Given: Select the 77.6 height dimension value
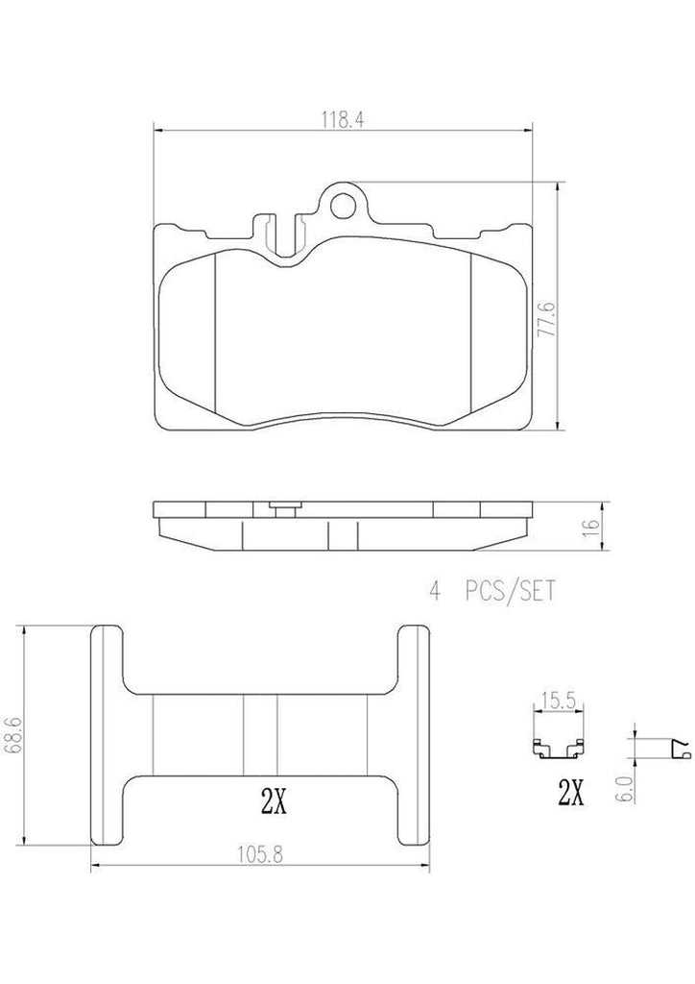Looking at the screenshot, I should tap(548, 318).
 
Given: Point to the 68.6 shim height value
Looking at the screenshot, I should tap(11, 737).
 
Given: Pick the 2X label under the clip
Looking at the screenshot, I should tap(571, 794).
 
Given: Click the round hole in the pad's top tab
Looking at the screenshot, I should tap(343, 204).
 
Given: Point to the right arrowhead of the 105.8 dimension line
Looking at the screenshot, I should tap(428, 868).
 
